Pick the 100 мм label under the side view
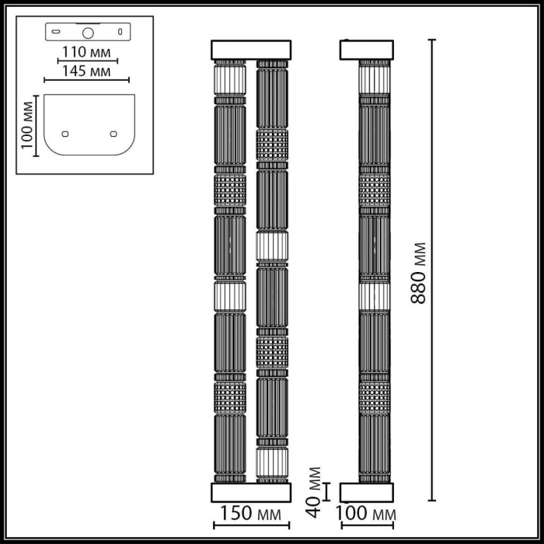(367, 514)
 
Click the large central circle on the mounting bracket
(88, 33)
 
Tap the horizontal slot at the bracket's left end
(56, 33)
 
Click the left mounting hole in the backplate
(65, 133)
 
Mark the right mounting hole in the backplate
(113, 133)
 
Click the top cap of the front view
(251, 50)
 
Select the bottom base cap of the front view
(251, 492)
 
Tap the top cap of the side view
(367, 50)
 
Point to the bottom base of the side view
(367, 492)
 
